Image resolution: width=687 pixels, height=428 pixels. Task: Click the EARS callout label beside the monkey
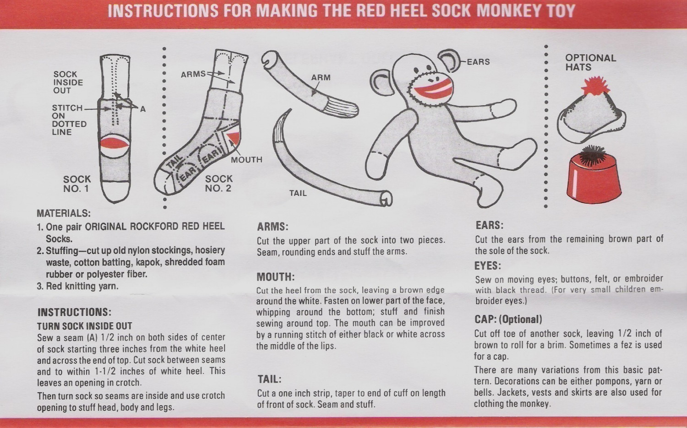478,62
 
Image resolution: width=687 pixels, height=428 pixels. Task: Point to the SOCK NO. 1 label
77,184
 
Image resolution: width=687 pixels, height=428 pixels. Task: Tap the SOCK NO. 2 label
218,184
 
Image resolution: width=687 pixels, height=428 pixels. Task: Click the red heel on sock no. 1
114,143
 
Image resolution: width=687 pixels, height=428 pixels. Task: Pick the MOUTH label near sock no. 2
246,159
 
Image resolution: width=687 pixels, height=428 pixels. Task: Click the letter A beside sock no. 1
142,109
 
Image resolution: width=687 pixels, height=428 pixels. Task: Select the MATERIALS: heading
64,213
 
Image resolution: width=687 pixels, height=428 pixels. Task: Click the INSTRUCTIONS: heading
74,312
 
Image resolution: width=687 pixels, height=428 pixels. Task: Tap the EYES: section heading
488,265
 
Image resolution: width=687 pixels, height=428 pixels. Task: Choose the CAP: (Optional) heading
508,320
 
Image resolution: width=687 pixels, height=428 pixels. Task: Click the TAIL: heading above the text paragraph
269,379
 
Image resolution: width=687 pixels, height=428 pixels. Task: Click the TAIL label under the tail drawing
298,193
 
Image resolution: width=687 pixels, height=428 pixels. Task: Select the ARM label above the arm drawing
321,77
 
